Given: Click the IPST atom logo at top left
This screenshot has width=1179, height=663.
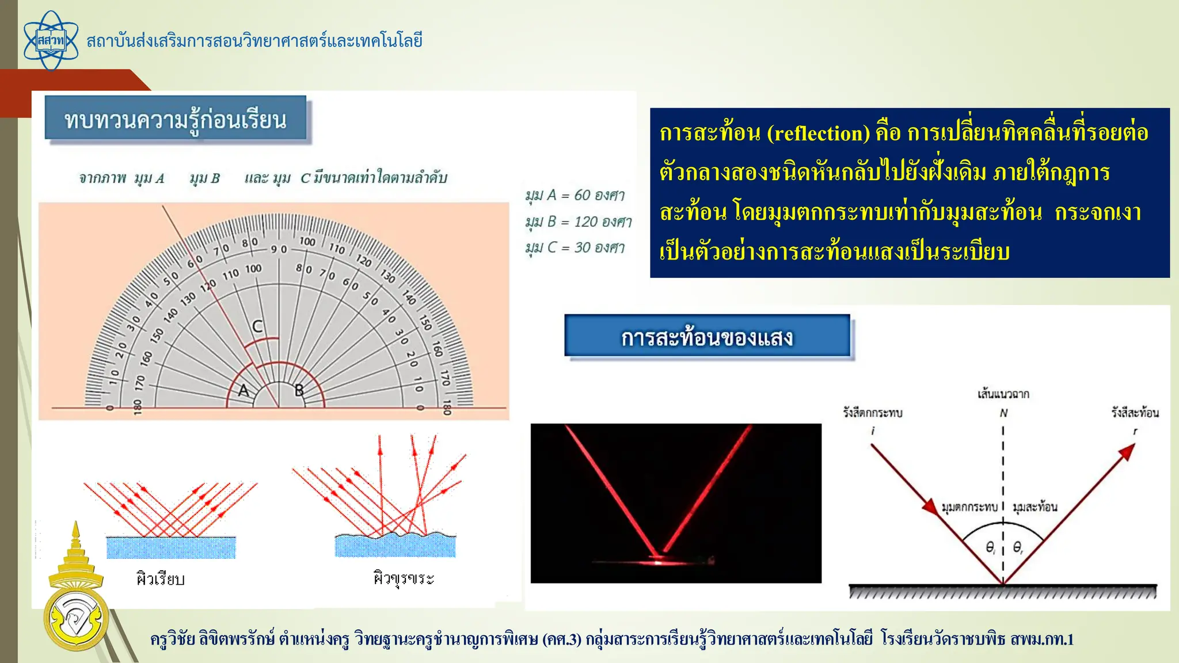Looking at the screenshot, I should pos(51,41).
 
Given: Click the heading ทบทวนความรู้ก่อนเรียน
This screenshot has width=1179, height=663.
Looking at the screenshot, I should pos(176,119).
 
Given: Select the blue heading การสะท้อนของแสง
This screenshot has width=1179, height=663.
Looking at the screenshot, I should pos(707,337).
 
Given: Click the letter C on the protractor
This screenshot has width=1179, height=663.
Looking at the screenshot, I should pos(257,326).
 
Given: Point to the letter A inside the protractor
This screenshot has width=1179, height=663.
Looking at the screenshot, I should pos(244,391).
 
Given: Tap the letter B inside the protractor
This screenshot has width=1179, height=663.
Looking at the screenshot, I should pos(299,390).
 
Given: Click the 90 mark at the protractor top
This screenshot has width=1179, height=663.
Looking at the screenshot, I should pos(279,249).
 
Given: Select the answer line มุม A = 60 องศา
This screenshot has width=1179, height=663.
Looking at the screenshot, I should pos(575,195).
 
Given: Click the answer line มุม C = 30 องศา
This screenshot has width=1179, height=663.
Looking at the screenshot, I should pos(575,247).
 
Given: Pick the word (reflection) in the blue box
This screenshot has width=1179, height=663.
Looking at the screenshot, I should pos(818,134).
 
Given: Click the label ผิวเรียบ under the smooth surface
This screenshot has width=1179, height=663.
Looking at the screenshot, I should pos(160,579).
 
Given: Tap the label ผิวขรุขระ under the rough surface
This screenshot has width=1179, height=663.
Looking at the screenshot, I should pos(404,578).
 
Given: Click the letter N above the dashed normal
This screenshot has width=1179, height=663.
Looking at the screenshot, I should pos(1003,413).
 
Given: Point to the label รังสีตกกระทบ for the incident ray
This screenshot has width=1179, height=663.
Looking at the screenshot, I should pos(873,413).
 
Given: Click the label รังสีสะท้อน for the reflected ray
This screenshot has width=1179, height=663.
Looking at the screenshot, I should pos(1135,412).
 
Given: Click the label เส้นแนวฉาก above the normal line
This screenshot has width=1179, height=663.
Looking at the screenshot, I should pos(1003,394).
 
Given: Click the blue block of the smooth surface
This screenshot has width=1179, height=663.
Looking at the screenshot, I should pos(171,547).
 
